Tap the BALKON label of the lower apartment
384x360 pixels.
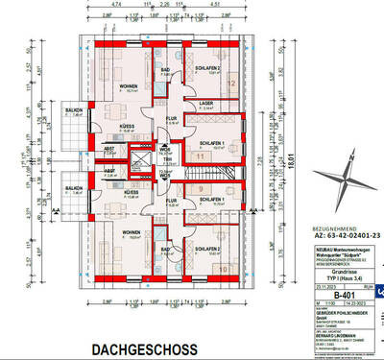pos(73,187)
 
